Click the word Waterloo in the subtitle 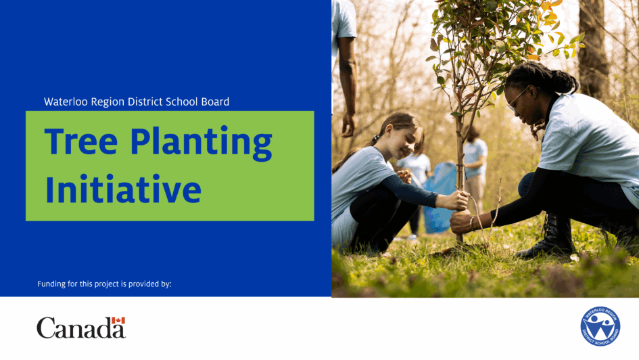click(x=66, y=102)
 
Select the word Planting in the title click(x=202, y=143)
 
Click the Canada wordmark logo click(x=81, y=328)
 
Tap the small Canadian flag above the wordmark click(x=118, y=321)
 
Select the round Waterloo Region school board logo click(x=600, y=326)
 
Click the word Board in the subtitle click(x=215, y=102)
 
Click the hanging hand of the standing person click(x=348, y=125)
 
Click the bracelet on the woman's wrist click(x=472, y=223)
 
